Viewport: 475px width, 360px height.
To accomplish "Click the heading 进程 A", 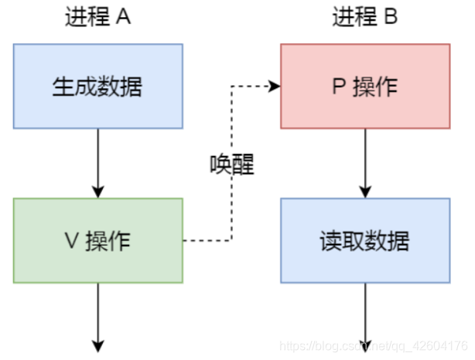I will click(x=98, y=18).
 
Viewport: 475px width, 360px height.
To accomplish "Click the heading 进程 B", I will click(x=364, y=18).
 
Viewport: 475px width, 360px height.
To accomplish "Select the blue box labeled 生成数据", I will click(x=98, y=85).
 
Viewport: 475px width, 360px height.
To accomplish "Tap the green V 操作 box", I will click(x=98, y=241).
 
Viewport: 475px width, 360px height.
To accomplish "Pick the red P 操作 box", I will click(x=364, y=86).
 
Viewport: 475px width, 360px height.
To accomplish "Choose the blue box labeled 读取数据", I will click(x=364, y=241).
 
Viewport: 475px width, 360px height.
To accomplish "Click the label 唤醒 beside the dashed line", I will click(x=232, y=163).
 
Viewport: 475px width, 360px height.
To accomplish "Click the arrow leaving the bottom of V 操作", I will click(x=98, y=314).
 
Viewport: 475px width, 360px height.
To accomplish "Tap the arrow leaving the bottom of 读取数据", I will click(x=364, y=314).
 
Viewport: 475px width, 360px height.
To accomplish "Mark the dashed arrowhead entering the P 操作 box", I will click(x=275, y=86).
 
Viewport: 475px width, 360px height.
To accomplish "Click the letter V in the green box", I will click(x=70, y=241).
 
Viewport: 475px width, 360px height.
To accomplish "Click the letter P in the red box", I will click(x=338, y=86).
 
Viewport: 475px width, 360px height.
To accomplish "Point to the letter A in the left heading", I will click(x=124, y=18).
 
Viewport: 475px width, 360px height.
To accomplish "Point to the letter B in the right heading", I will click(x=391, y=18).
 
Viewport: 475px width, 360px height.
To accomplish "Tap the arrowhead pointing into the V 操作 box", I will click(x=98, y=192).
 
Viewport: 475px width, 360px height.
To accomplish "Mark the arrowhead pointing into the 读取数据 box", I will click(x=364, y=192).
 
